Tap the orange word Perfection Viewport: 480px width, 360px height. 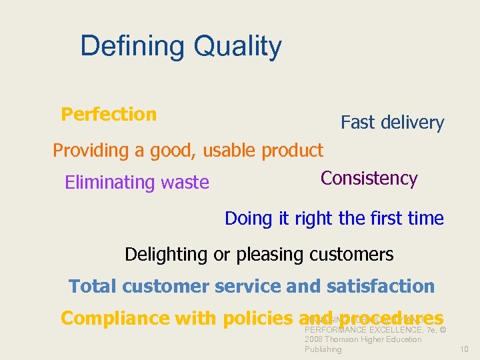click(109, 115)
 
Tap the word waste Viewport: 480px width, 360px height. click(187, 183)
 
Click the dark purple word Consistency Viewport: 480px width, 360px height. click(369, 179)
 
